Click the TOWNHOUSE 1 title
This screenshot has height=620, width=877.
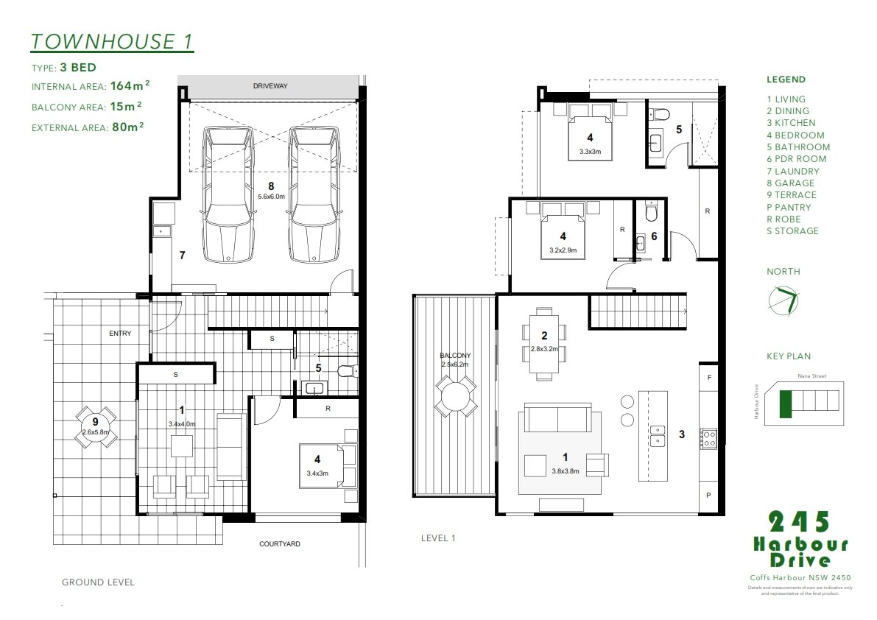click(112, 41)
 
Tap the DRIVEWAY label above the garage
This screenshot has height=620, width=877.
click(270, 86)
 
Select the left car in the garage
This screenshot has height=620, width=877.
click(228, 195)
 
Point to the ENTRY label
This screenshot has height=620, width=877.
click(120, 334)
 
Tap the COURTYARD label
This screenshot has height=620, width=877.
click(280, 544)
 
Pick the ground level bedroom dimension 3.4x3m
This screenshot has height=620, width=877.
click(317, 473)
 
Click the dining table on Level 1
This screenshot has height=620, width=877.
click(544, 343)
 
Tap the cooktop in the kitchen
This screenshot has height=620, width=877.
click(708, 439)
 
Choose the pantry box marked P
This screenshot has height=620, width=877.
click(708, 496)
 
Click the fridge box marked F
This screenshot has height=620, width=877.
click(708, 377)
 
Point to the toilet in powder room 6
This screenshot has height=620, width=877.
click(649, 212)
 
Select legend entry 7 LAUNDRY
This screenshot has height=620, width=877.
click(792, 171)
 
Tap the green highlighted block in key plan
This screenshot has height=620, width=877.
click(786, 404)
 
